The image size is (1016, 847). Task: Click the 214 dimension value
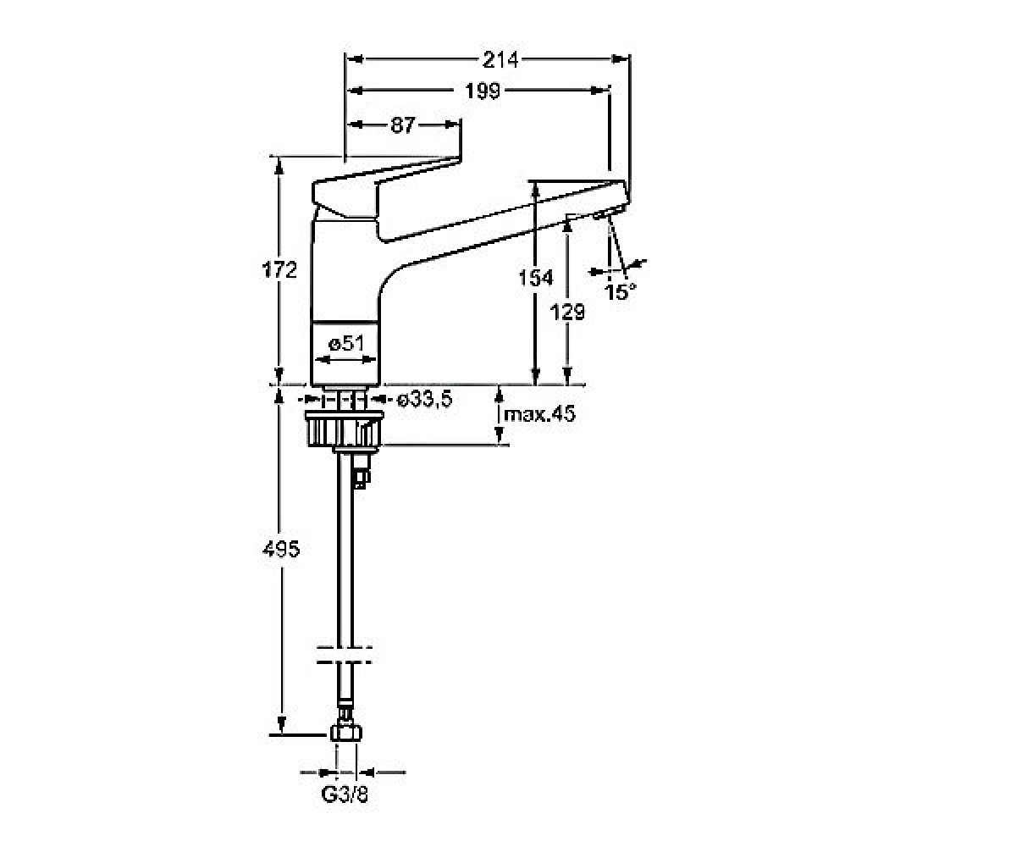tap(500, 60)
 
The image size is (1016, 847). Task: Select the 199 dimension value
tap(482, 91)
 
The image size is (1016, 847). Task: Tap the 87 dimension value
tap(402, 125)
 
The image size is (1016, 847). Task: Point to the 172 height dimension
tap(279, 269)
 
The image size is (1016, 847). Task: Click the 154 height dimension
tap(536, 278)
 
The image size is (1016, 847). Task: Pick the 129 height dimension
tap(567, 312)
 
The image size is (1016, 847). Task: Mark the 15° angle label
tap(620, 291)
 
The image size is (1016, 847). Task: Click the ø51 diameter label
tap(346, 344)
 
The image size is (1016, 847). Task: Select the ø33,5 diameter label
tap(425, 400)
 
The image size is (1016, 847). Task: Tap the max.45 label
tap(539, 414)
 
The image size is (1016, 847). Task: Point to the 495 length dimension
tap(281, 550)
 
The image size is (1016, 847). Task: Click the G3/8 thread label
tap(345, 795)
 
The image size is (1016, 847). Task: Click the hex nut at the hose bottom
tap(346, 734)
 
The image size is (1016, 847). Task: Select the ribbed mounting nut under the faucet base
tap(345, 429)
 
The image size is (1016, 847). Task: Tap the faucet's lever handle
tap(385, 186)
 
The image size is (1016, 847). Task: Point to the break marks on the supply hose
tap(345, 655)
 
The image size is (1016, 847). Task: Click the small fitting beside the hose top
tap(362, 471)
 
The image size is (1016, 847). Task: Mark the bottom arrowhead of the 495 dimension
tap(281, 725)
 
